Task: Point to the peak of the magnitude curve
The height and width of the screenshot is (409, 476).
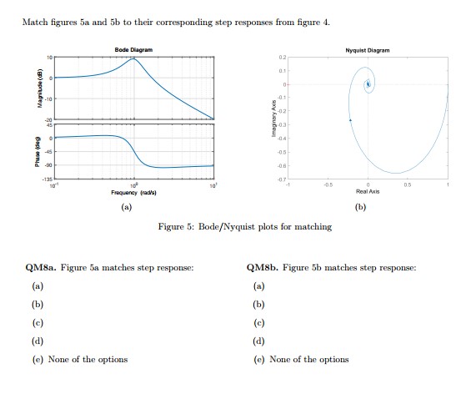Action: (x=134, y=58)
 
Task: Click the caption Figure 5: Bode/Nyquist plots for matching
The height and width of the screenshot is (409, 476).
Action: (x=244, y=226)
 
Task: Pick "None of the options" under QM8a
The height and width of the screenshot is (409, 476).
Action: (x=88, y=359)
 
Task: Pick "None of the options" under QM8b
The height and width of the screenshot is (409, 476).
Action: (x=308, y=359)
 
